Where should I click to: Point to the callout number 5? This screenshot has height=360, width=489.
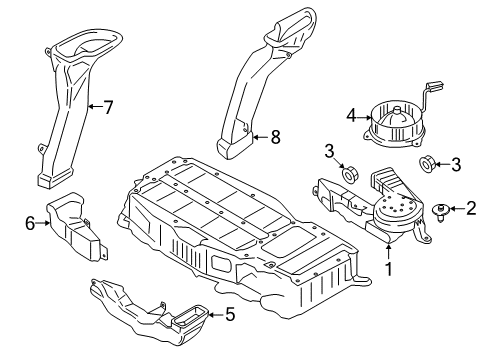[x=229, y=316]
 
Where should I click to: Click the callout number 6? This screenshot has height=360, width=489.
[x=29, y=223]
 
